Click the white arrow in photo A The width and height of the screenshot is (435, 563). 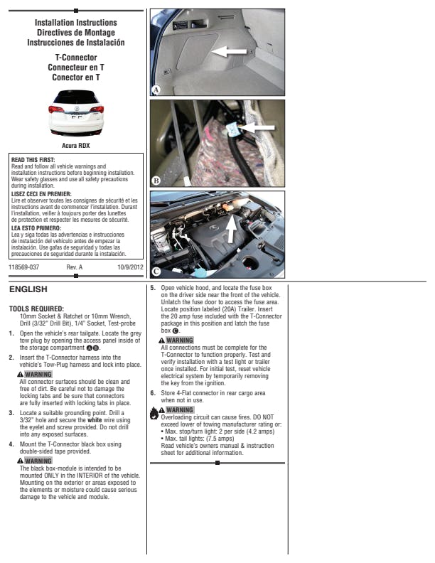[x=230, y=52]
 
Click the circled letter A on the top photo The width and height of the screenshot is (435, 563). [x=156, y=90]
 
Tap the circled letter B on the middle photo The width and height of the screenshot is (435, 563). [x=156, y=181]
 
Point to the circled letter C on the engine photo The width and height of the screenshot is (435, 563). [x=156, y=272]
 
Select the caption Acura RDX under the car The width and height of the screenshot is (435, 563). [x=75, y=146]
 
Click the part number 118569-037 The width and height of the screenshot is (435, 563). [x=24, y=267]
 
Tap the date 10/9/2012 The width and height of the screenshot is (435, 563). [x=130, y=267]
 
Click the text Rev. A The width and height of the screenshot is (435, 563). [x=75, y=267]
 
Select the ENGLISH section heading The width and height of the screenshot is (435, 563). [x=28, y=289]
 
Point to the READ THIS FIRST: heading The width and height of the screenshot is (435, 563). [x=33, y=160]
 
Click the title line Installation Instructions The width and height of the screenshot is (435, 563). [x=75, y=23]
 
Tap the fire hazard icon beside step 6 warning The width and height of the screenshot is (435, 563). [x=155, y=412]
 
